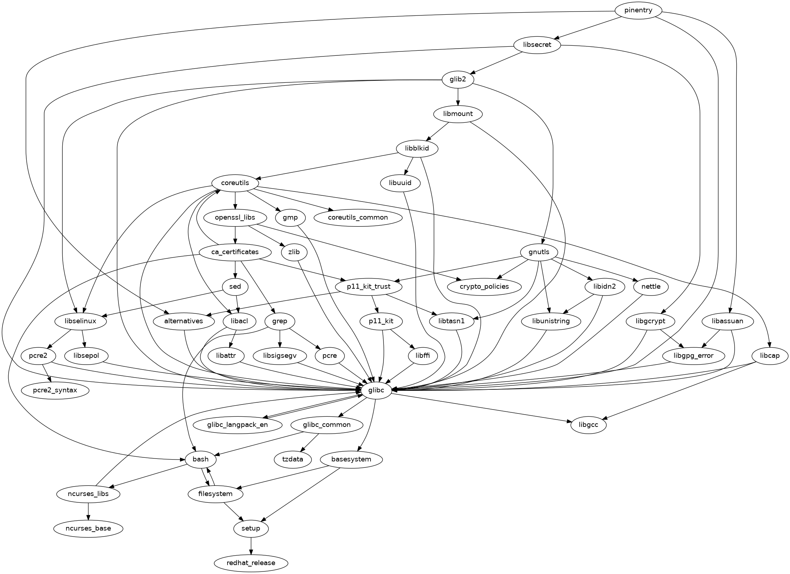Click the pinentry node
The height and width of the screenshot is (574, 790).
638,10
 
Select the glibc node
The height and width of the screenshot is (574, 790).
376,390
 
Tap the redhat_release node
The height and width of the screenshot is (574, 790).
251,563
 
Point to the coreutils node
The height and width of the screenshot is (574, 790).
235,183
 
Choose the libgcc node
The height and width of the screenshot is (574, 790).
589,425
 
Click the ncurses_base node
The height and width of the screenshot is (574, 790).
88,528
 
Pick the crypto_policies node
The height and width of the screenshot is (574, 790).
484,286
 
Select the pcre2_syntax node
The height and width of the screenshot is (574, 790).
55,390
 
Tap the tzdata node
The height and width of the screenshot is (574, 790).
293,459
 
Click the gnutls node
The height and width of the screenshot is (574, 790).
539,252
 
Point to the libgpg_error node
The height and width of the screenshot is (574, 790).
693,356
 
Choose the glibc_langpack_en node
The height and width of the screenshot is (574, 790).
237,425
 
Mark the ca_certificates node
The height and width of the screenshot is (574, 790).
235,252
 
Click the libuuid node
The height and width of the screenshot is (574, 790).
400,183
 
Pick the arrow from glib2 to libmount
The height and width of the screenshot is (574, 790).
458,97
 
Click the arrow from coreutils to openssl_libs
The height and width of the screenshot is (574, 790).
235,200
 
